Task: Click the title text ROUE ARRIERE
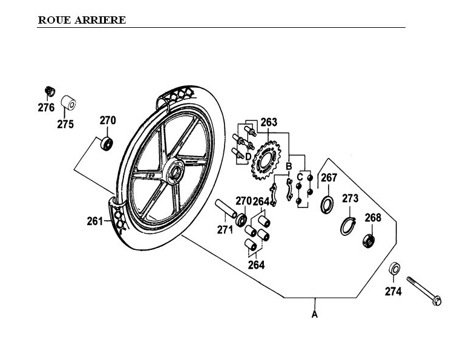82,20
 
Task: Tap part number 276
47,108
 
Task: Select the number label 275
65,125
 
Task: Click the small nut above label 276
50,91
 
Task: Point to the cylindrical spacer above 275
70,101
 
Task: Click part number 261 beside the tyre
95,221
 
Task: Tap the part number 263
269,122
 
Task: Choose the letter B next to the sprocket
289,166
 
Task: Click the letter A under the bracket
314,314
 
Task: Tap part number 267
329,177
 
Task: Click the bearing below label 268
369,240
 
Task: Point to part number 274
393,291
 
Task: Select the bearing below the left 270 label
108,145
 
